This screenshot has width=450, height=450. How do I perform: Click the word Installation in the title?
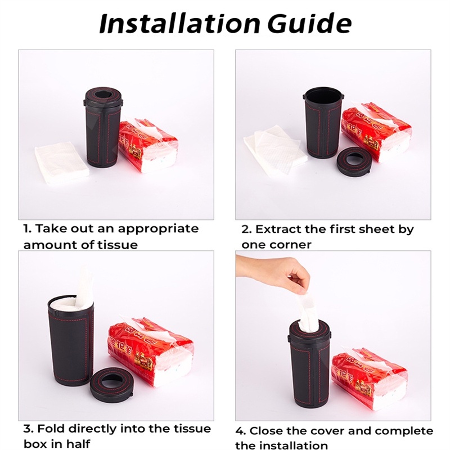coord(179,24)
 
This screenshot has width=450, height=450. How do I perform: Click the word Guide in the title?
coord(309,23)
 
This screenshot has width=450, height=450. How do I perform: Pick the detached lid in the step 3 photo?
coord(111,382)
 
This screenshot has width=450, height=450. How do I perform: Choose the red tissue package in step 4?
coord(370,375)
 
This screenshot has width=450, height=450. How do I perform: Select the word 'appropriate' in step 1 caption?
coord(158,229)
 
